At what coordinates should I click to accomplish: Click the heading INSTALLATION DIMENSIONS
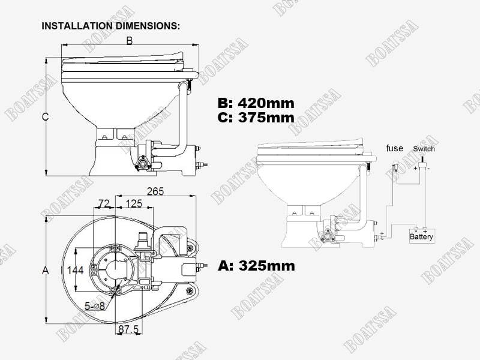(x=110, y=26)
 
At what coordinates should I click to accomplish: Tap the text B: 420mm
(x=256, y=103)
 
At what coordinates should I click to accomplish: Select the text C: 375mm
(x=256, y=117)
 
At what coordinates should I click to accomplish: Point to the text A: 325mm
(x=257, y=265)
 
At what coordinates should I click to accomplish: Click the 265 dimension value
(x=155, y=191)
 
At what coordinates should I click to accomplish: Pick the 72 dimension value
(x=104, y=203)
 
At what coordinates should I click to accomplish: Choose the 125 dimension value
(x=134, y=203)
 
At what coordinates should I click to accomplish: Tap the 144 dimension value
(x=76, y=270)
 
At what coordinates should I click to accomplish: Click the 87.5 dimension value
(x=128, y=329)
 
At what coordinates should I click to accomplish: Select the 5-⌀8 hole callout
(x=95, y=305)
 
